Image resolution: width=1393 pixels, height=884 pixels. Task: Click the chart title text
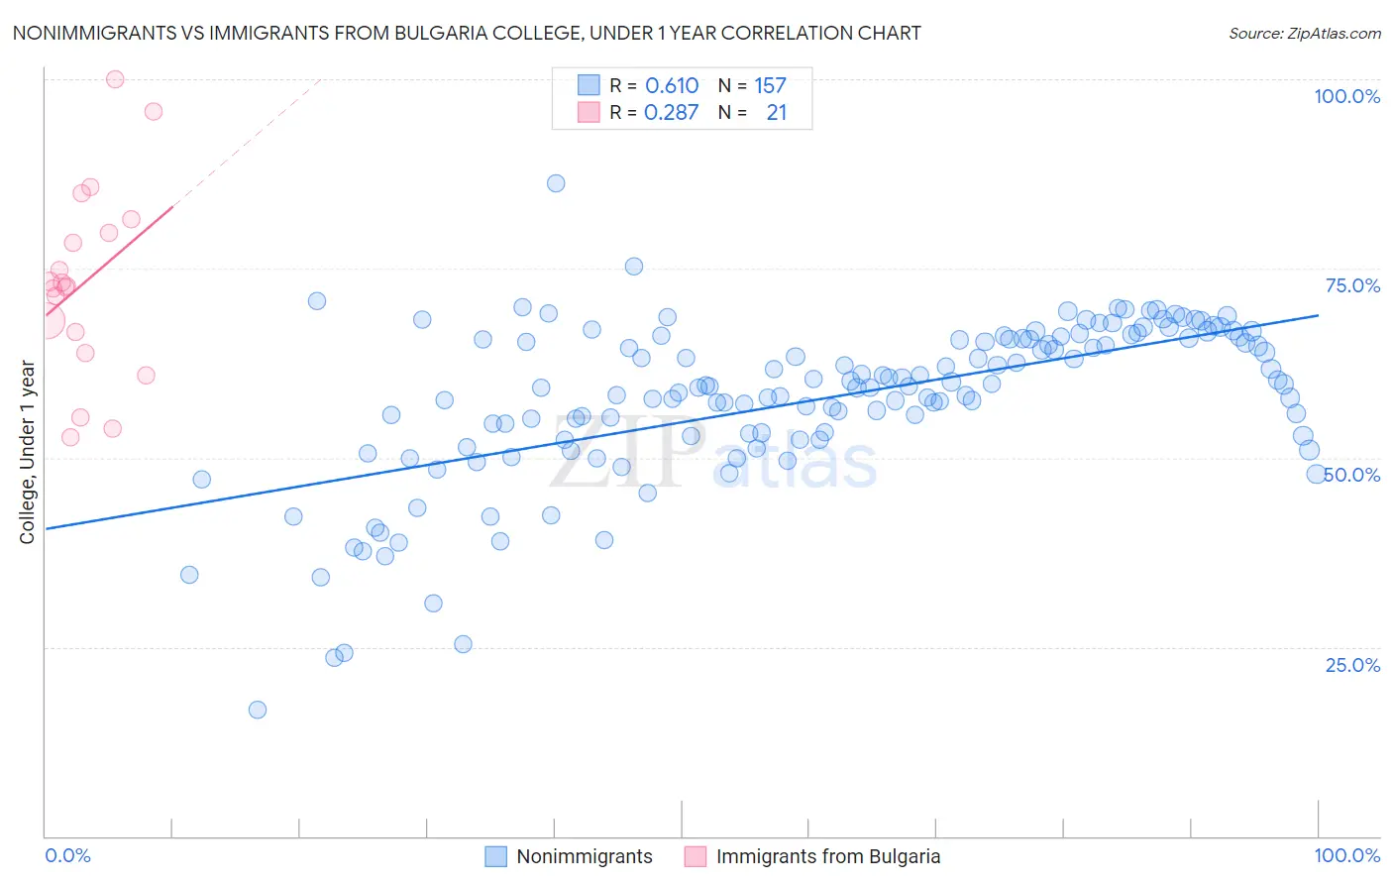pos(466,34)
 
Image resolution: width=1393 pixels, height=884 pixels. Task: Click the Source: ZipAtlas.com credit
pos(1304,34)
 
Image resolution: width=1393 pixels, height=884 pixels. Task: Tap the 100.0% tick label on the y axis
pos(1346,96)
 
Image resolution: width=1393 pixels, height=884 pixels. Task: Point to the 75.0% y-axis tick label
pos(1352,285)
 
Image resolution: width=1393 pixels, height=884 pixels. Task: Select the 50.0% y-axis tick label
pos(1353,475)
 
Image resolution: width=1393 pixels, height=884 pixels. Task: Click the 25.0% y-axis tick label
pos(1352,665)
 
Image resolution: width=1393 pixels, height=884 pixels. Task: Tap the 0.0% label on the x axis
pos(67,855)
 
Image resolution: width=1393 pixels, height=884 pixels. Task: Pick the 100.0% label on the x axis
pos(1346,855)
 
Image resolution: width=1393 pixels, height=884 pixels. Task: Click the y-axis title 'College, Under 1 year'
pos(28,452)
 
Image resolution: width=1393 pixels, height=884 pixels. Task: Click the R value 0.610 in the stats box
pos(672,86)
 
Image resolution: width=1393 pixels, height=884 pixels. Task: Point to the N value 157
pos(770,86)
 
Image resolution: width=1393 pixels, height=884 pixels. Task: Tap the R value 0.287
pos(671,113)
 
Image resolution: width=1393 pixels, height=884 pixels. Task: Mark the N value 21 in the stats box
pos(776,113)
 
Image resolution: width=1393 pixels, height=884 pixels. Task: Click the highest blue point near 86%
pos(556,183)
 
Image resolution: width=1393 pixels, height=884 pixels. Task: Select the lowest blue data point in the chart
pos(258,710)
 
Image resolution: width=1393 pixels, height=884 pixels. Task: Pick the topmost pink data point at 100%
pos(115,79)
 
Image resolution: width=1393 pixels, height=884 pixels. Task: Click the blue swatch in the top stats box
pos(589,85)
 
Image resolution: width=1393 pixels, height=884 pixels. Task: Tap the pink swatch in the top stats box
pos(589,112)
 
